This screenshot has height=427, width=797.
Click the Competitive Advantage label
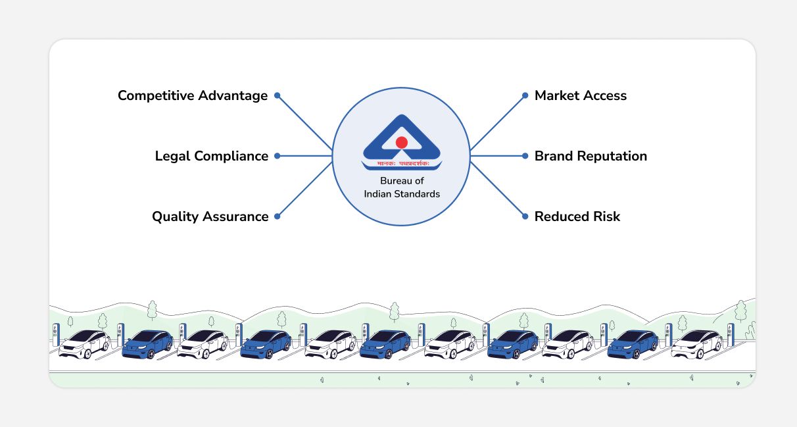tap(193, 96)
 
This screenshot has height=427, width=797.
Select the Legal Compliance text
tap(211, 157)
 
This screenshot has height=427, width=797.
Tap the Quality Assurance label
tap(210, 217)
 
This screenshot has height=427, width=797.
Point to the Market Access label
tap(580, 96)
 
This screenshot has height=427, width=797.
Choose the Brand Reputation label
tap(591, 157)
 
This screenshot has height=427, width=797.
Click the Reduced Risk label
tap(577, 217)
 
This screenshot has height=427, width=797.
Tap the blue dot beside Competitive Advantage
tap(278, 95)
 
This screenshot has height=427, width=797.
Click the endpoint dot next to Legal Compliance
tap(278, 156)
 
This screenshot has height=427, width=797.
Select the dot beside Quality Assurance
tap(278, 216)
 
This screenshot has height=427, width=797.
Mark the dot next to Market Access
tap(525, 95)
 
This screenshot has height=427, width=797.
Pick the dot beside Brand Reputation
tap(525, 156)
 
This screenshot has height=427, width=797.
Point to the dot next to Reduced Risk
tap(525, 216)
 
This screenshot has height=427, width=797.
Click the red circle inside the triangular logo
tap(402, 142)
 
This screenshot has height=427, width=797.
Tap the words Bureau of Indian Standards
tap(402, 188)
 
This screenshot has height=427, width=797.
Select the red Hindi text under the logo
tap(402, 163)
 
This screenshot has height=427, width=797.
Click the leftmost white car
tap(84, 343)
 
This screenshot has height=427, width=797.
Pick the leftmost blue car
tap(147, 343)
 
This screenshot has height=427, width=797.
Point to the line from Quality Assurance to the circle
tap(305, 189)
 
